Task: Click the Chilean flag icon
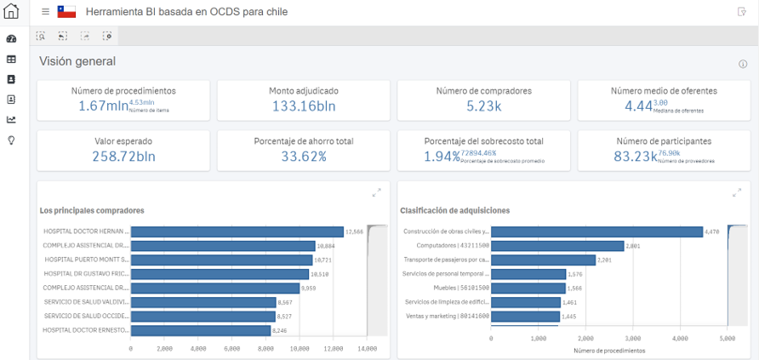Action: pyautogui.click(x=66, y=12)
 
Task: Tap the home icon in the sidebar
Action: pyautogui.click(x=11, y=12)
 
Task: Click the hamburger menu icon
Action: pyautogui.click(x=45, y=12)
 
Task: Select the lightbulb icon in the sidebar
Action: pyautogui.click(x=11, y=140)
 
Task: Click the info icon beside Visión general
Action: pyautogui.click(x=743, y=64)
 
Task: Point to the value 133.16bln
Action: pyautogui.click(x=304, y=106)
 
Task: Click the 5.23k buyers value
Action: pyautogui.click(x=483, y=106)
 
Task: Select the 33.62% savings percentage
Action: pyautogui.click(x=304, y=156)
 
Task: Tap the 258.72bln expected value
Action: pyautogui.click(x=123, y=156)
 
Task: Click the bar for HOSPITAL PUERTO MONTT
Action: pyautogui.click(x=221, y=259)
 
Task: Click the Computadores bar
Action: pyautogui.click(x=557, y=246)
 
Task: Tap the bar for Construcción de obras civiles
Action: pyautogui.click(x=596, y=231)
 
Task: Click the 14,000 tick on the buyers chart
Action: pyautogui.click(x=367, y=348)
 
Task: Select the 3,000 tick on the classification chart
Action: pyautogui.click(x=632, y=340)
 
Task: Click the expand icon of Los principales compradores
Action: pyautogui.click(x=376, y=193)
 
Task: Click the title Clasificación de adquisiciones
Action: pyautogui.click(x=454, y=210)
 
